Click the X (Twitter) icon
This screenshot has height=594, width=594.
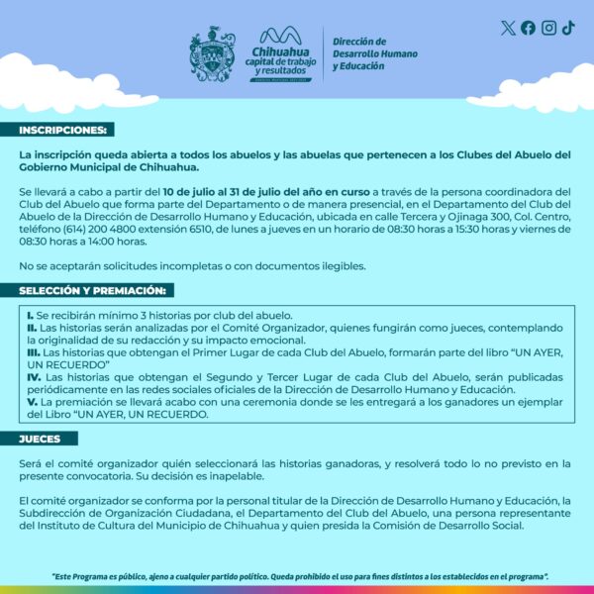point(508,28)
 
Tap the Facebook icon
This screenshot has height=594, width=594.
point(528,28)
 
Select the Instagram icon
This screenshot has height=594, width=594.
point(548,28)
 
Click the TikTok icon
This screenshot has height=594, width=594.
point(568,28)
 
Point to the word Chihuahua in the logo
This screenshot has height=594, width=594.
point(280,50)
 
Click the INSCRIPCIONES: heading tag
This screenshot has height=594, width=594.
point(65,130)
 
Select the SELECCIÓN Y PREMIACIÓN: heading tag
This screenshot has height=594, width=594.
point(95,290)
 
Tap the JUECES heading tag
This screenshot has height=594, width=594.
point(40,439)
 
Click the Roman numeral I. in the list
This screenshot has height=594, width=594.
point(31,314)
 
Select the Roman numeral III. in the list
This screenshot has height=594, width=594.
point(35,351)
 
